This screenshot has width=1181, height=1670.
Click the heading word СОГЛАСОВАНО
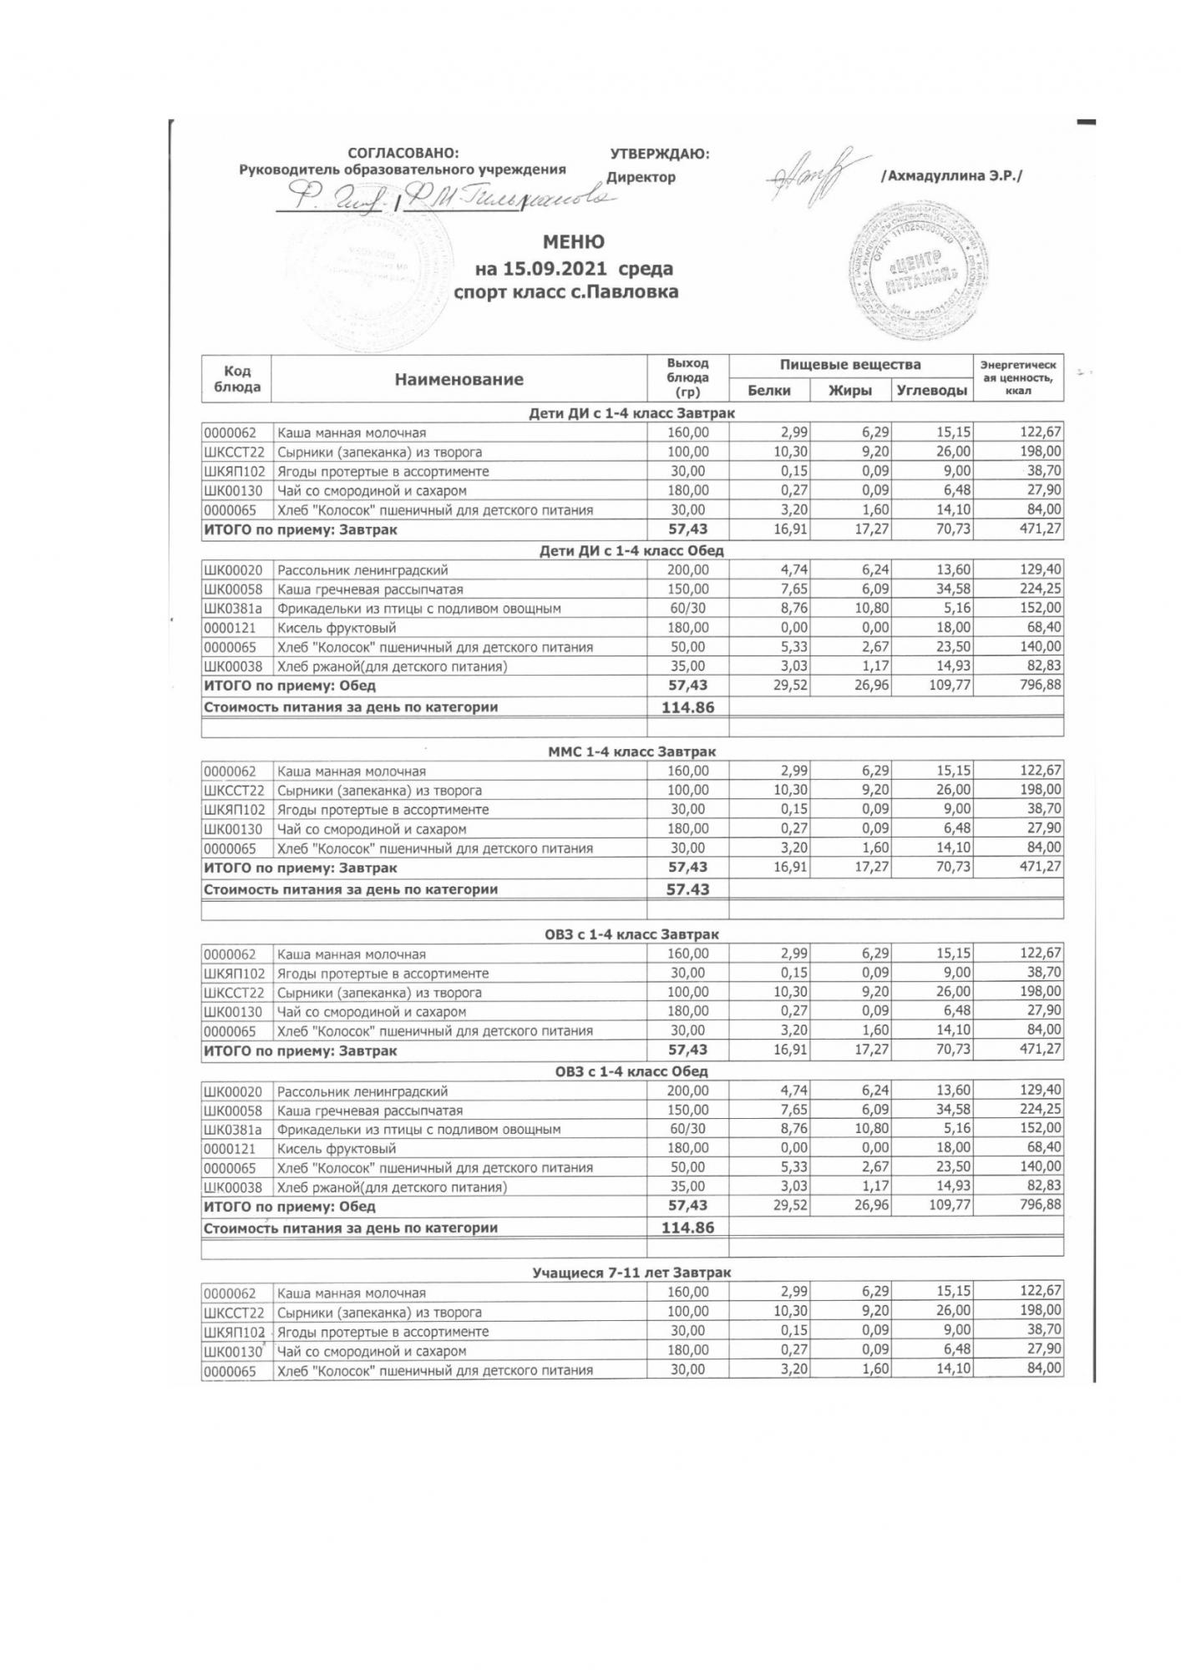point(403,153)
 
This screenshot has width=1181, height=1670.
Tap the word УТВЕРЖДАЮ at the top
point(660,154)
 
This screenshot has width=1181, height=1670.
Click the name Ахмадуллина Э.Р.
point(951,176)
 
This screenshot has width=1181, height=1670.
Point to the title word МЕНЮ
point(574,242)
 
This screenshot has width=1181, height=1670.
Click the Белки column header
point(768,390)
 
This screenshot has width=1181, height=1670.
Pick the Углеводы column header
point(931,390)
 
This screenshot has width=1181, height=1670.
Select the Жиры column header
point(849,390)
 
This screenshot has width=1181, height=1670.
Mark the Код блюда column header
point(237,379)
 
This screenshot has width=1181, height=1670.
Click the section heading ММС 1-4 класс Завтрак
point(631,752)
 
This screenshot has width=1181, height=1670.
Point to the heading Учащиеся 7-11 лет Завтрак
point(631,1273)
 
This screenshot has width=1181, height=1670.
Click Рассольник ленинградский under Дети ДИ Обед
point(362,570)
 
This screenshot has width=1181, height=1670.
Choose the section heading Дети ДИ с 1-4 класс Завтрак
point(631,413)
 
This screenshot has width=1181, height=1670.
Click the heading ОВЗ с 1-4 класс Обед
point(631,1071)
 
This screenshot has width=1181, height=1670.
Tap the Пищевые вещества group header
point(850,365)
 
